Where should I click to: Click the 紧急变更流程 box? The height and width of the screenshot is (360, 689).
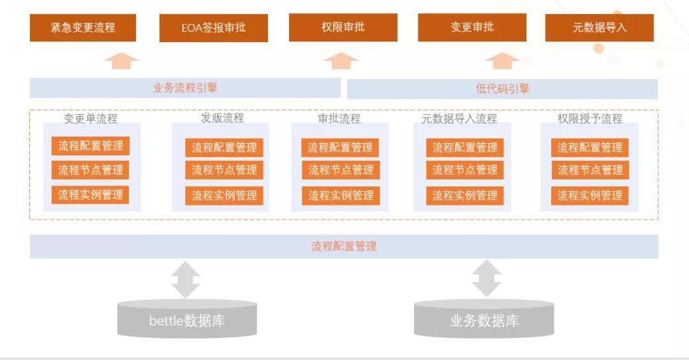click(83, 27)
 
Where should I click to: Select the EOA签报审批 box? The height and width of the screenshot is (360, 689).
click(213, 28)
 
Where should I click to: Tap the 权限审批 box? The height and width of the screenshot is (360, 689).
click(343, 27)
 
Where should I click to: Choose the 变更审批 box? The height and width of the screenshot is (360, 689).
click(472, 27)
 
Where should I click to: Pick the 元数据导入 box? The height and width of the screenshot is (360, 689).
click(599, 27)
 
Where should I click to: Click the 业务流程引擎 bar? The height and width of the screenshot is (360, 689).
click(185, 88)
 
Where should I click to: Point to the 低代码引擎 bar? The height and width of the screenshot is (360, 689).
click(502, 89)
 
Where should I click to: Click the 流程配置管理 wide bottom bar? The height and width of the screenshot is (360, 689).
click(344, 246)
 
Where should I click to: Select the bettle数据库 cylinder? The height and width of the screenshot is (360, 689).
click(187, 319)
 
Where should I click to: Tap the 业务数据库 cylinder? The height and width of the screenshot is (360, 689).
click(484, 320)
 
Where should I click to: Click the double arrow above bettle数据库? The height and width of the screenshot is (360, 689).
click(186, 279)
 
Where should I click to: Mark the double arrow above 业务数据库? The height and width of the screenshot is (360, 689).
click(486, 278)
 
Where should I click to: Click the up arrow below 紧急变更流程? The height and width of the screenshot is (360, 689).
click(121, 61)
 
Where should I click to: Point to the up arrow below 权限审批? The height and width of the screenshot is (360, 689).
click(341, 61)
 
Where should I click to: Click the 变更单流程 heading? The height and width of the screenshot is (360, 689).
click(91, 119)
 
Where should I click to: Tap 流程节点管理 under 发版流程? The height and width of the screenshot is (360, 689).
click(224, 170)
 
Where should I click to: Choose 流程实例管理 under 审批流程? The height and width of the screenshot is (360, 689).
click(341, 196)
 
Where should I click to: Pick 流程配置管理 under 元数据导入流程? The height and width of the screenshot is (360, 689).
click(464, 147)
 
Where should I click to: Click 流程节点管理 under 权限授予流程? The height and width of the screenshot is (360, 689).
click(590, 170)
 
